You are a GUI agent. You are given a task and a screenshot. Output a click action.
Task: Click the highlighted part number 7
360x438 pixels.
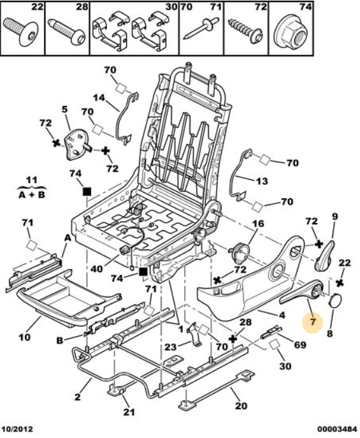click(313, 322)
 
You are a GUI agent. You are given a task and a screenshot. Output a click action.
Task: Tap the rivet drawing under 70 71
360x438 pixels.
click(201, 29)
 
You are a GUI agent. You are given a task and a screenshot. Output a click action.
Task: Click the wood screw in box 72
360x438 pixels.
click(245, 31)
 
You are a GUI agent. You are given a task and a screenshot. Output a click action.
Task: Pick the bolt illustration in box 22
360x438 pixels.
click(21, 31)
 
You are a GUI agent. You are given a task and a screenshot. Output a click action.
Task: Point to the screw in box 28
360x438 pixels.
click(67, 32)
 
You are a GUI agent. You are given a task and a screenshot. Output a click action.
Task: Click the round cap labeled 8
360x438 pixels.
click(335, 300)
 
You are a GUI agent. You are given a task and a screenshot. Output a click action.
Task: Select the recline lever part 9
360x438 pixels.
click(326, 256)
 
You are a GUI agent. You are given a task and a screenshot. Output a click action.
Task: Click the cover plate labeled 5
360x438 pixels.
click(76, 145)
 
